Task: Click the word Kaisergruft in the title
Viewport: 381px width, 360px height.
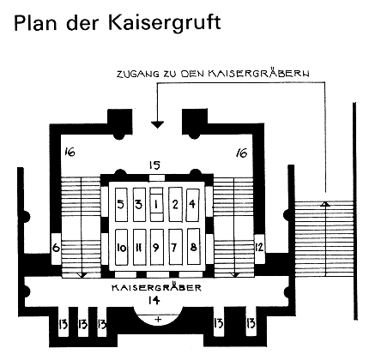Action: (165, 22)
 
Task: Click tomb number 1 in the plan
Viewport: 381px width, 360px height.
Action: (156, 204)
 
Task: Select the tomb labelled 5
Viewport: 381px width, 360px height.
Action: (121, 205)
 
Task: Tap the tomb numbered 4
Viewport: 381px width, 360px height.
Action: (192, 205)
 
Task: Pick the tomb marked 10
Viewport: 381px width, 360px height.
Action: (121, 247)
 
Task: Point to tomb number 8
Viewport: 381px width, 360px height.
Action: (194, 246)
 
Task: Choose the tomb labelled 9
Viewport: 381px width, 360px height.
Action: (157, 247)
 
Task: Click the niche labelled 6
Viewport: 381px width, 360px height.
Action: (56, 249)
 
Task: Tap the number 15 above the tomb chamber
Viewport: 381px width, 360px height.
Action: (154, 165)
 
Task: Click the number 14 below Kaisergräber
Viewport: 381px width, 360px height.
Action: (154, 300)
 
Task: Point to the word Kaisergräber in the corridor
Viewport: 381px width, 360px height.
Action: (156, 287)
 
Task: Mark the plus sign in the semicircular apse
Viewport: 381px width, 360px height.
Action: (158, 319)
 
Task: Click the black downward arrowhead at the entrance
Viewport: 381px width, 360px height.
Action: (157, 124)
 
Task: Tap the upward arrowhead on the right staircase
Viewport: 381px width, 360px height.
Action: (324, 204)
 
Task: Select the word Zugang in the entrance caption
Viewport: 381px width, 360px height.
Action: (137, 74)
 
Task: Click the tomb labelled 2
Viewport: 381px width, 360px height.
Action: (175, 205)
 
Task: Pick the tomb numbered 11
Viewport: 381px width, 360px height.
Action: (139, 247)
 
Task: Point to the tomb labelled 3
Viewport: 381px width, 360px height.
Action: (139, 205)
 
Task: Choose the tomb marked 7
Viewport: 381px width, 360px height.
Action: (176, 247)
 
